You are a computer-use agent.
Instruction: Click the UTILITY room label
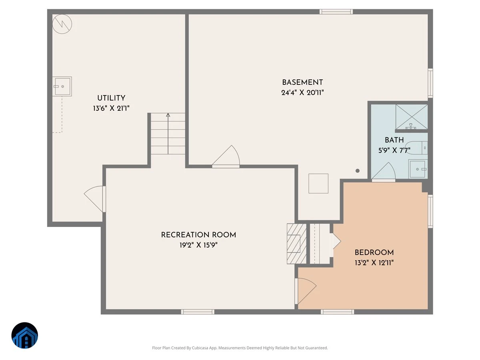click(x=111, y=98)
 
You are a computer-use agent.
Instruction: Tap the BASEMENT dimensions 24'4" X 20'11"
click(x=302, y=93)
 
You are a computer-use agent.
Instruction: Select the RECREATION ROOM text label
click(x=198, y=235)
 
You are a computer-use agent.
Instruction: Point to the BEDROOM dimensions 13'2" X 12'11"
click(x=374, y=262)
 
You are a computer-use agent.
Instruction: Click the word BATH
click(x=394, y=140)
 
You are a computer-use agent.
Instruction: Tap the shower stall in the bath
click(x=412, y=117)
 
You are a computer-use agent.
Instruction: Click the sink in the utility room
click(x=62, y=86)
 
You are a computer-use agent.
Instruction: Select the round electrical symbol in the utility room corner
click(x=62, y=24)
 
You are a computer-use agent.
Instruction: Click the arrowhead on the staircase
click(x=168, y=115)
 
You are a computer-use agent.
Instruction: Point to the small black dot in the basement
click(x=358, y=171)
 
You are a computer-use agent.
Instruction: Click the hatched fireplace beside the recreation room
click(x=296, y=244)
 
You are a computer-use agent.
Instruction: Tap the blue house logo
click(x=25, y=335)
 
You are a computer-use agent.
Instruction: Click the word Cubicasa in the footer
click(x=200, y=348)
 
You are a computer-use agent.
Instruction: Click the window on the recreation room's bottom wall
click(x=198, y=312)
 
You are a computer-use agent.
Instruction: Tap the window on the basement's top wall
click(x=336, y=12)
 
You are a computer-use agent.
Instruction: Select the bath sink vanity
click(x=418, y=169)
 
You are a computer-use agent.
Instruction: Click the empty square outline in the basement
click(x=318, y=183)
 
